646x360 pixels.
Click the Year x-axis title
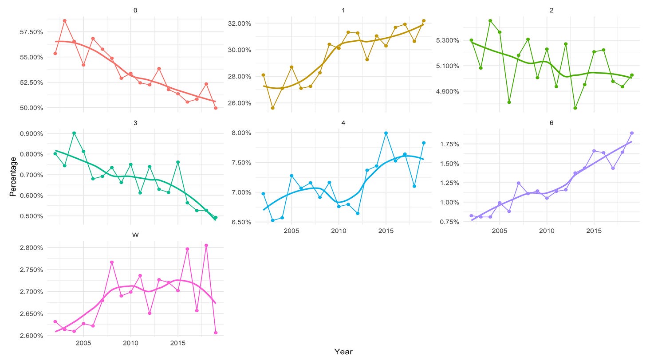343,352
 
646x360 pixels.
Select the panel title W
135,234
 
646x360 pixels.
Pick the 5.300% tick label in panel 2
447,40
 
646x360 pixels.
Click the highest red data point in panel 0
65,20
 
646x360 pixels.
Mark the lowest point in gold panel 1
272,108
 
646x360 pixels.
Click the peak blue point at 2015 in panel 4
386,133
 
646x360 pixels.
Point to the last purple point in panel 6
631,133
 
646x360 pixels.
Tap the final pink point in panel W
216,333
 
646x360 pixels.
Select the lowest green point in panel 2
575,108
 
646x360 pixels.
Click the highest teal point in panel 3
74,133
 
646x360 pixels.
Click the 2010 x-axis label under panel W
130,343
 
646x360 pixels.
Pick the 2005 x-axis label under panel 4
291,231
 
